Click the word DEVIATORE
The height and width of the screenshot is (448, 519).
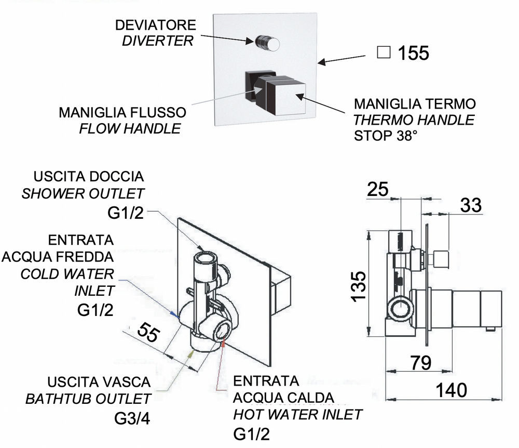[x=156, y=25]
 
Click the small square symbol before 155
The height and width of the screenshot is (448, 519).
[x=384, y=52]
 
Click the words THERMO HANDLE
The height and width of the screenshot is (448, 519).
[x=414, y=120]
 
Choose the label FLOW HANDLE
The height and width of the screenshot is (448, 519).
[x=130, y=128]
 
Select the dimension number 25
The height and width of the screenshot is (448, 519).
[x=377, y=189]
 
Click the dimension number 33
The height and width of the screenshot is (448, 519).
[x=471, y=205]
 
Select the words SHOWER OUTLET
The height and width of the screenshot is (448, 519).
[x=83, y=194]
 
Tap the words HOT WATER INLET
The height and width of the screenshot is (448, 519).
[x=297, y=415]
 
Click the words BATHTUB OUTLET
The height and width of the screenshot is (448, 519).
[x=88, y=399]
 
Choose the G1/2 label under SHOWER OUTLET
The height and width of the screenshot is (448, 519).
[x=122, y=212]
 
